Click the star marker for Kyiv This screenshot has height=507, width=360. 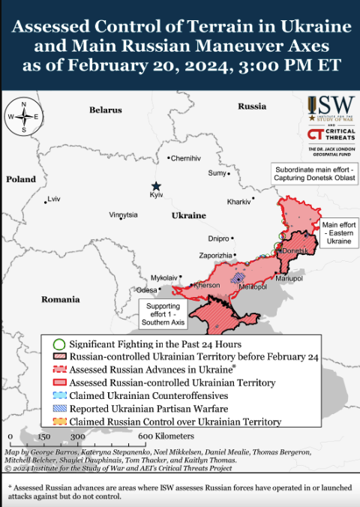coord(156,185)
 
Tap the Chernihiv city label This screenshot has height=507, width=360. coord(185,158)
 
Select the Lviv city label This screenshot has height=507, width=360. coord(53,199)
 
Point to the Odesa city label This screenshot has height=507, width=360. coord(146,290)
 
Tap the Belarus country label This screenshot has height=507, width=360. coord(105,109)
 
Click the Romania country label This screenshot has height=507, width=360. coord(60,299)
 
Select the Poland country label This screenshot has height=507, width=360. coord(20,179)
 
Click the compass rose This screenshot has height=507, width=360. coord(25,117)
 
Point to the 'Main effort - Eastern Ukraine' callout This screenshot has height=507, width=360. coord(336,233)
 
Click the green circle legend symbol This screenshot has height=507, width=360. coord(58,343)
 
